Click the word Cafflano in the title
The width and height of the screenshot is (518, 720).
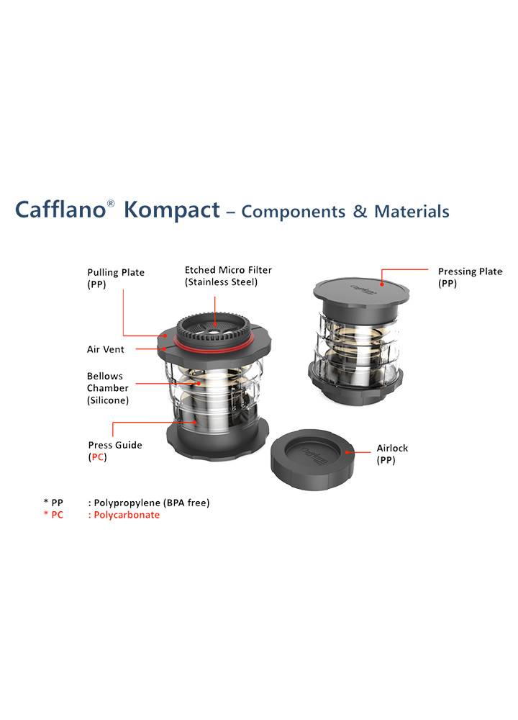pyautogui.click(x=60, y=210)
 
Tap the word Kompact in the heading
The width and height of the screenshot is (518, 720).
pyautogui.click(x=172, y=210)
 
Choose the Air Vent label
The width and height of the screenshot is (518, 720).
pyautogui.click(x=106, y=349)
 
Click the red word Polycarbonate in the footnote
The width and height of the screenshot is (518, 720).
pyautogui.click(x=127, y=515)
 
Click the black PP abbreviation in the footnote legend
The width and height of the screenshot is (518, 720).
pyautogui.click(x=57, y=503)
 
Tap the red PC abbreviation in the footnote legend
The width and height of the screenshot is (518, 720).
pyautogui.click(x=57, y=515)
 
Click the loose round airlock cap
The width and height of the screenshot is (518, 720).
pyautogui.click(x=312, y=459)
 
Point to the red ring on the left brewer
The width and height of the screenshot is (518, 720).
pyautogui.click(x=214, y=343)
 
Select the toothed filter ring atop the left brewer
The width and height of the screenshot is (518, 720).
pyautogui.click(x=214, y=327)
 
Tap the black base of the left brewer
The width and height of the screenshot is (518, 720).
pyautogui.click(x=217, y=441)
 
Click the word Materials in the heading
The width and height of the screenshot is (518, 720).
pyautogui.click(x=412, y=211)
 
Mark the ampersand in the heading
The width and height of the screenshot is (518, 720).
pyautogui.click(x=360, y=211)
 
